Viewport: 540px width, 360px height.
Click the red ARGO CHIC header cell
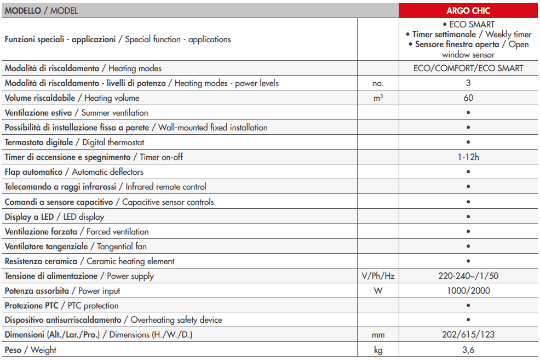click(x=468, y=10)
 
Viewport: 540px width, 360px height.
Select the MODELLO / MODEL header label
click(x=41, y=10)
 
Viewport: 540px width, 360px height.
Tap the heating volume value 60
click(x=468, y=98)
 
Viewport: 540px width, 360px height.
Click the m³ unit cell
click(x=378, y=98)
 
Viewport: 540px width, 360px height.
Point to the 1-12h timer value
click(x=468, y=157)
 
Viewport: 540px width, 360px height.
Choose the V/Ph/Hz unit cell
click(x=378, y=276)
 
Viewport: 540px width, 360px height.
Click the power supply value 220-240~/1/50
click(x=468, y=276)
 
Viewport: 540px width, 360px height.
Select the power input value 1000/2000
click(x=468, y=291)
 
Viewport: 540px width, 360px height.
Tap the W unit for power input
click(x=378, y=291)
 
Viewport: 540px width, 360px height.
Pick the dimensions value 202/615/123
click(x=468, y=335)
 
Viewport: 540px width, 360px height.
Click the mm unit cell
click(x=378, y=335)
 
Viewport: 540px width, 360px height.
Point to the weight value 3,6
click(x=468, y=350)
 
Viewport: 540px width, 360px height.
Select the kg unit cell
click(x=378, y=350)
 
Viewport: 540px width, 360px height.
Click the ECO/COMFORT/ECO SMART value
click(x=468, y=68)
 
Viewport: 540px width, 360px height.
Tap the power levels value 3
click(x=468, y=83)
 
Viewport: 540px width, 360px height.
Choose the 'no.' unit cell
click(x=378, y=83)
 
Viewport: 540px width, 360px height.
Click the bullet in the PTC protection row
click(x=468, y=306)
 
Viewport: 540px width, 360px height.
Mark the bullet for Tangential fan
click(x=468, y=247)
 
